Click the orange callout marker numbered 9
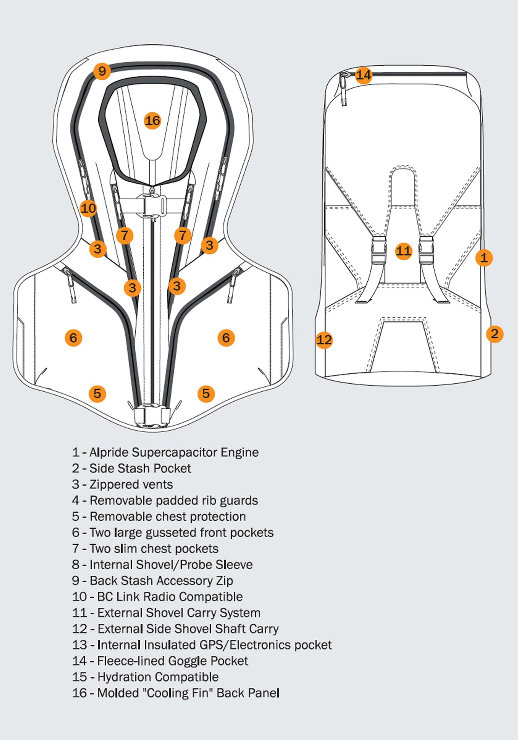click(102, 71)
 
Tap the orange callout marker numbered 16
click(152, 121)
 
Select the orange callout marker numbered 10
click(88, 208)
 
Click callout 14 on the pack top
click(364, 76)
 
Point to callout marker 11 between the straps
click(403, 251)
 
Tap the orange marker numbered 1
click(484, 258)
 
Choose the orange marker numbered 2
click(495, 334)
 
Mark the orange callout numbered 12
click(324, 340)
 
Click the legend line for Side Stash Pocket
click(131, 469)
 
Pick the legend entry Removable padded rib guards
click(165, 501)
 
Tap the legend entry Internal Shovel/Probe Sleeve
click(162, 565)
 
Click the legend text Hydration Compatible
click(145, 677)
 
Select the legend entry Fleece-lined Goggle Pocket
click(160, 661)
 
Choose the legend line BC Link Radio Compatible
click(157, 597)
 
